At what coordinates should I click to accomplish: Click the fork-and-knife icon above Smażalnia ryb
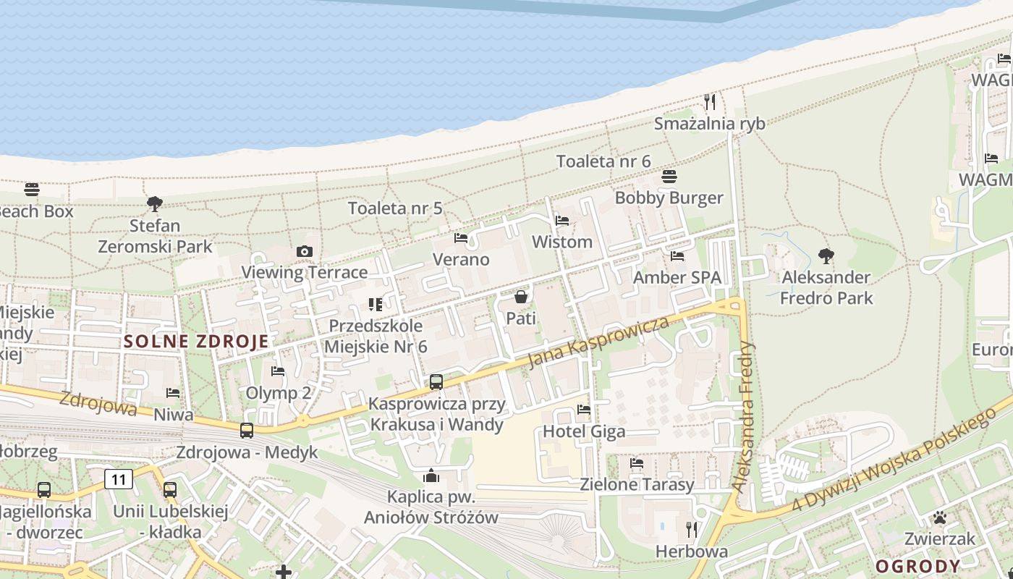tap(710, 102)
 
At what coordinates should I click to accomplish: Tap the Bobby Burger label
tap(669, 198)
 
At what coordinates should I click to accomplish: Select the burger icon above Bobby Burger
tap(669, 177)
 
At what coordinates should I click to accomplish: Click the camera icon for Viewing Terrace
tap(305, 251)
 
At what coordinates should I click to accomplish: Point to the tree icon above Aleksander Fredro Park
tap(826, 255)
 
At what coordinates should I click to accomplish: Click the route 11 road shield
tap(119, 478)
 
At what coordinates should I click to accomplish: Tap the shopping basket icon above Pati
tap(520, 297)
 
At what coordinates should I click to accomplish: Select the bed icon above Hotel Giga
tap(584, 410)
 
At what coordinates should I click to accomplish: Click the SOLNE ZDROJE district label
tap(196, 342)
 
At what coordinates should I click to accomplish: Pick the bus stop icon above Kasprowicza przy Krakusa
tap(436, 381)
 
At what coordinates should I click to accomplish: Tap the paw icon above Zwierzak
tap(939, 517)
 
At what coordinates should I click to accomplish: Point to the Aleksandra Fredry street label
tap(743, 418)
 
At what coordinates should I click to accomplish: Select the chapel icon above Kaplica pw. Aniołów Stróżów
tap(431, 476)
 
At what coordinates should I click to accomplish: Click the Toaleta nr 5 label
tap(395, 208)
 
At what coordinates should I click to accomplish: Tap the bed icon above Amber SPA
tap(677, 256)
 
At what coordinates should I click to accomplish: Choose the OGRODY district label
tap(918, 566)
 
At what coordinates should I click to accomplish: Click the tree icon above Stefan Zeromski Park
tap(154, 203)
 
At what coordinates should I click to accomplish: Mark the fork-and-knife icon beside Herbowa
tap(692, 530)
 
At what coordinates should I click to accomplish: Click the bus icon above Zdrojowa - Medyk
tap(247, 431)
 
